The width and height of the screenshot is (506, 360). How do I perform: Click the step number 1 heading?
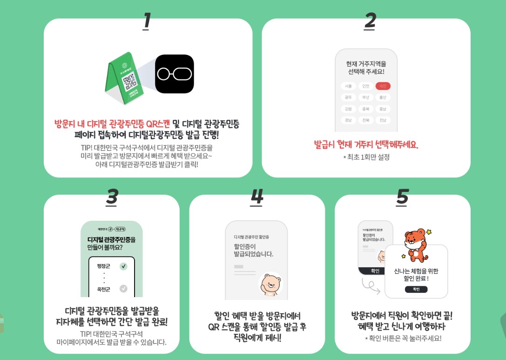coord(147,20)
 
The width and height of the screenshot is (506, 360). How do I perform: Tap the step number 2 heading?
coord(370,20)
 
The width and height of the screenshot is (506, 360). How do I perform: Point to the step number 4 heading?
coord(256,197)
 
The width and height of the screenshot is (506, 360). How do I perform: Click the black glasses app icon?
coord(174,74)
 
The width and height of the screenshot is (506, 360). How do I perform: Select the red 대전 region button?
coord(383,86)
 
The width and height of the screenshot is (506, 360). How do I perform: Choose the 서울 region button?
coord(348,86)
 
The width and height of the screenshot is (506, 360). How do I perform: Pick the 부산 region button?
coord(365,97)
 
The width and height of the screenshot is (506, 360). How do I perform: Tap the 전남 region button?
coord(383,120)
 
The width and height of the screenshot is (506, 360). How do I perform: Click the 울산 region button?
coord(383,97)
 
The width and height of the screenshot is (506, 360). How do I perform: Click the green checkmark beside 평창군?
coord(123,266)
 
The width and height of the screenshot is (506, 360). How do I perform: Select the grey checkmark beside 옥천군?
coord(123,289)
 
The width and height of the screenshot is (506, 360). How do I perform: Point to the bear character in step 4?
coord(270,284)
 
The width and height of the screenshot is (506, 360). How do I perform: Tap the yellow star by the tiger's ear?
coord(429,231)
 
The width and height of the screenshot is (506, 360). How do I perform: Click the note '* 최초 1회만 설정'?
coord(366,157)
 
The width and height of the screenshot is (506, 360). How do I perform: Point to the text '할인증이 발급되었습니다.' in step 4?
coord(253,250)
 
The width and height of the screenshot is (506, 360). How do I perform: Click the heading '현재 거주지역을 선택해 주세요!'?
coord(366,68)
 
